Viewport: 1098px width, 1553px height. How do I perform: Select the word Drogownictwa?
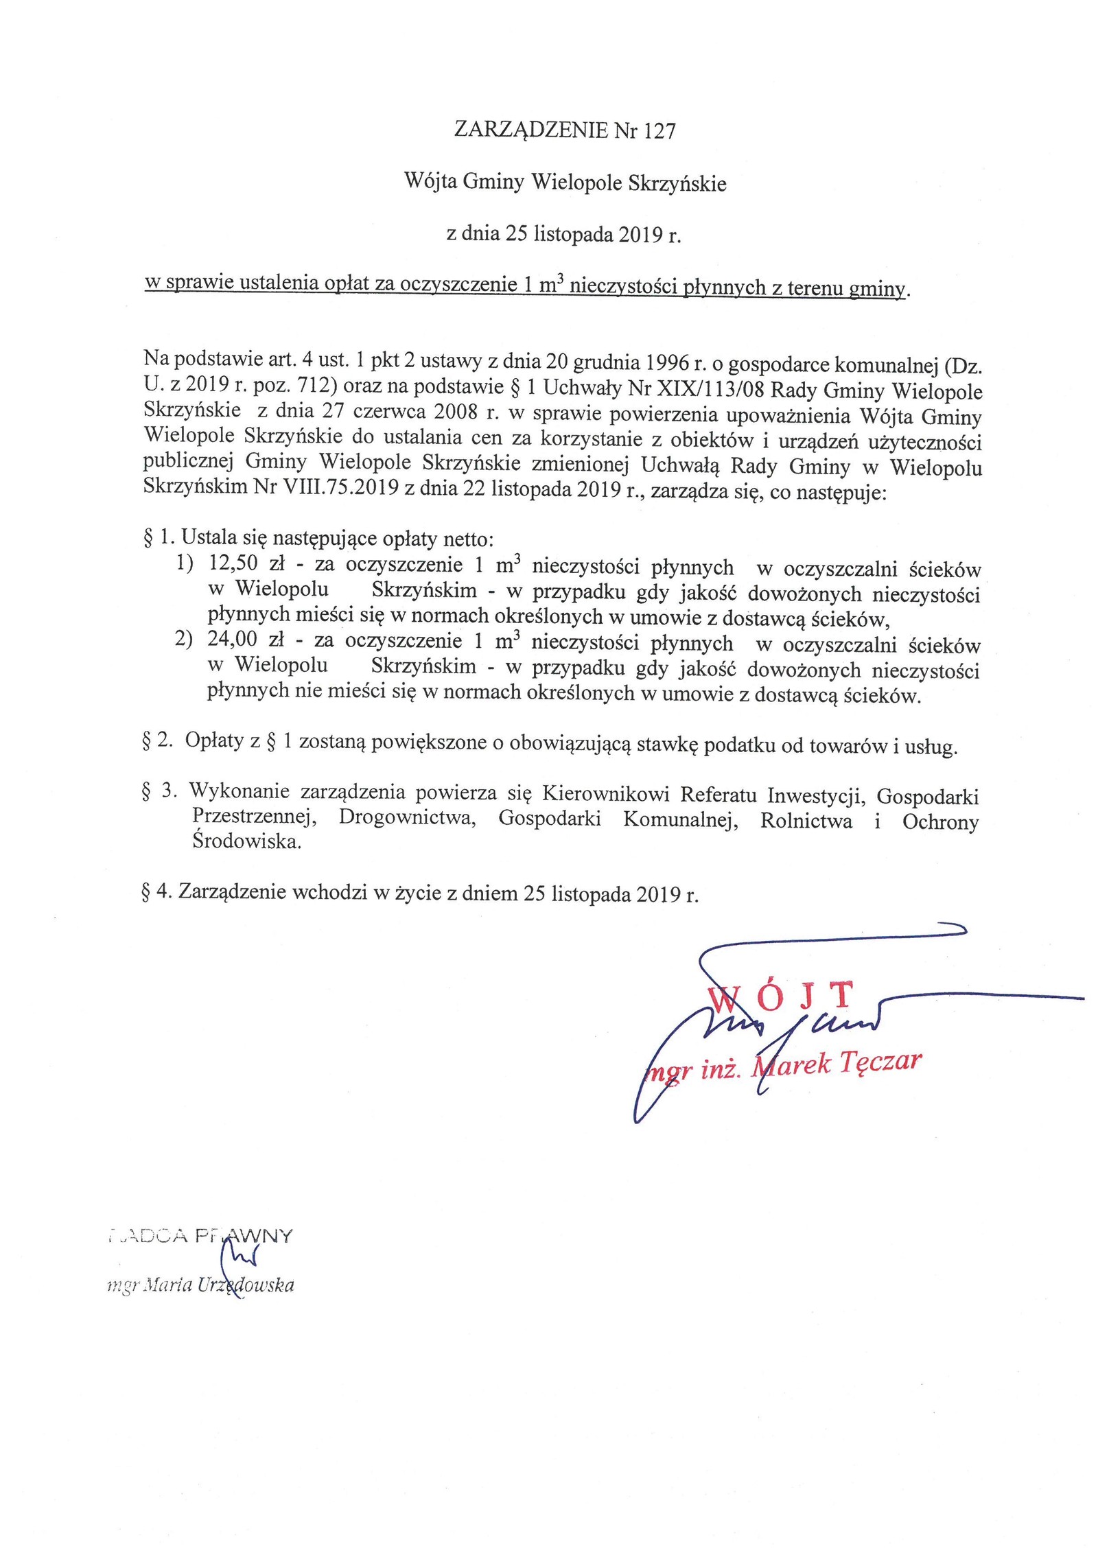click(x=408, y=819)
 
